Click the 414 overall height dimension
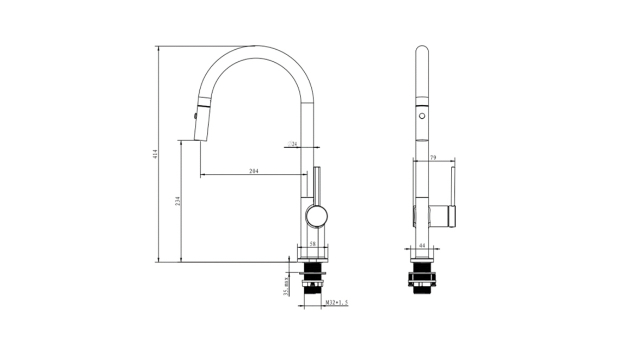tap(155, 154)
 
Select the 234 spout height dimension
tap(178, 201)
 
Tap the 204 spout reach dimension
tap(253, 171)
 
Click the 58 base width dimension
tap(313, 244)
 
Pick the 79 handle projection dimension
tap(433, 157)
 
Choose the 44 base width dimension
tap(422, 245)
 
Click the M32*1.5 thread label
tap(337, 302)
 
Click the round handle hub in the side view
tap(316, 215)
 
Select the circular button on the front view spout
tap(422, 116)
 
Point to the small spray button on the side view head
tap(195, 115)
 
